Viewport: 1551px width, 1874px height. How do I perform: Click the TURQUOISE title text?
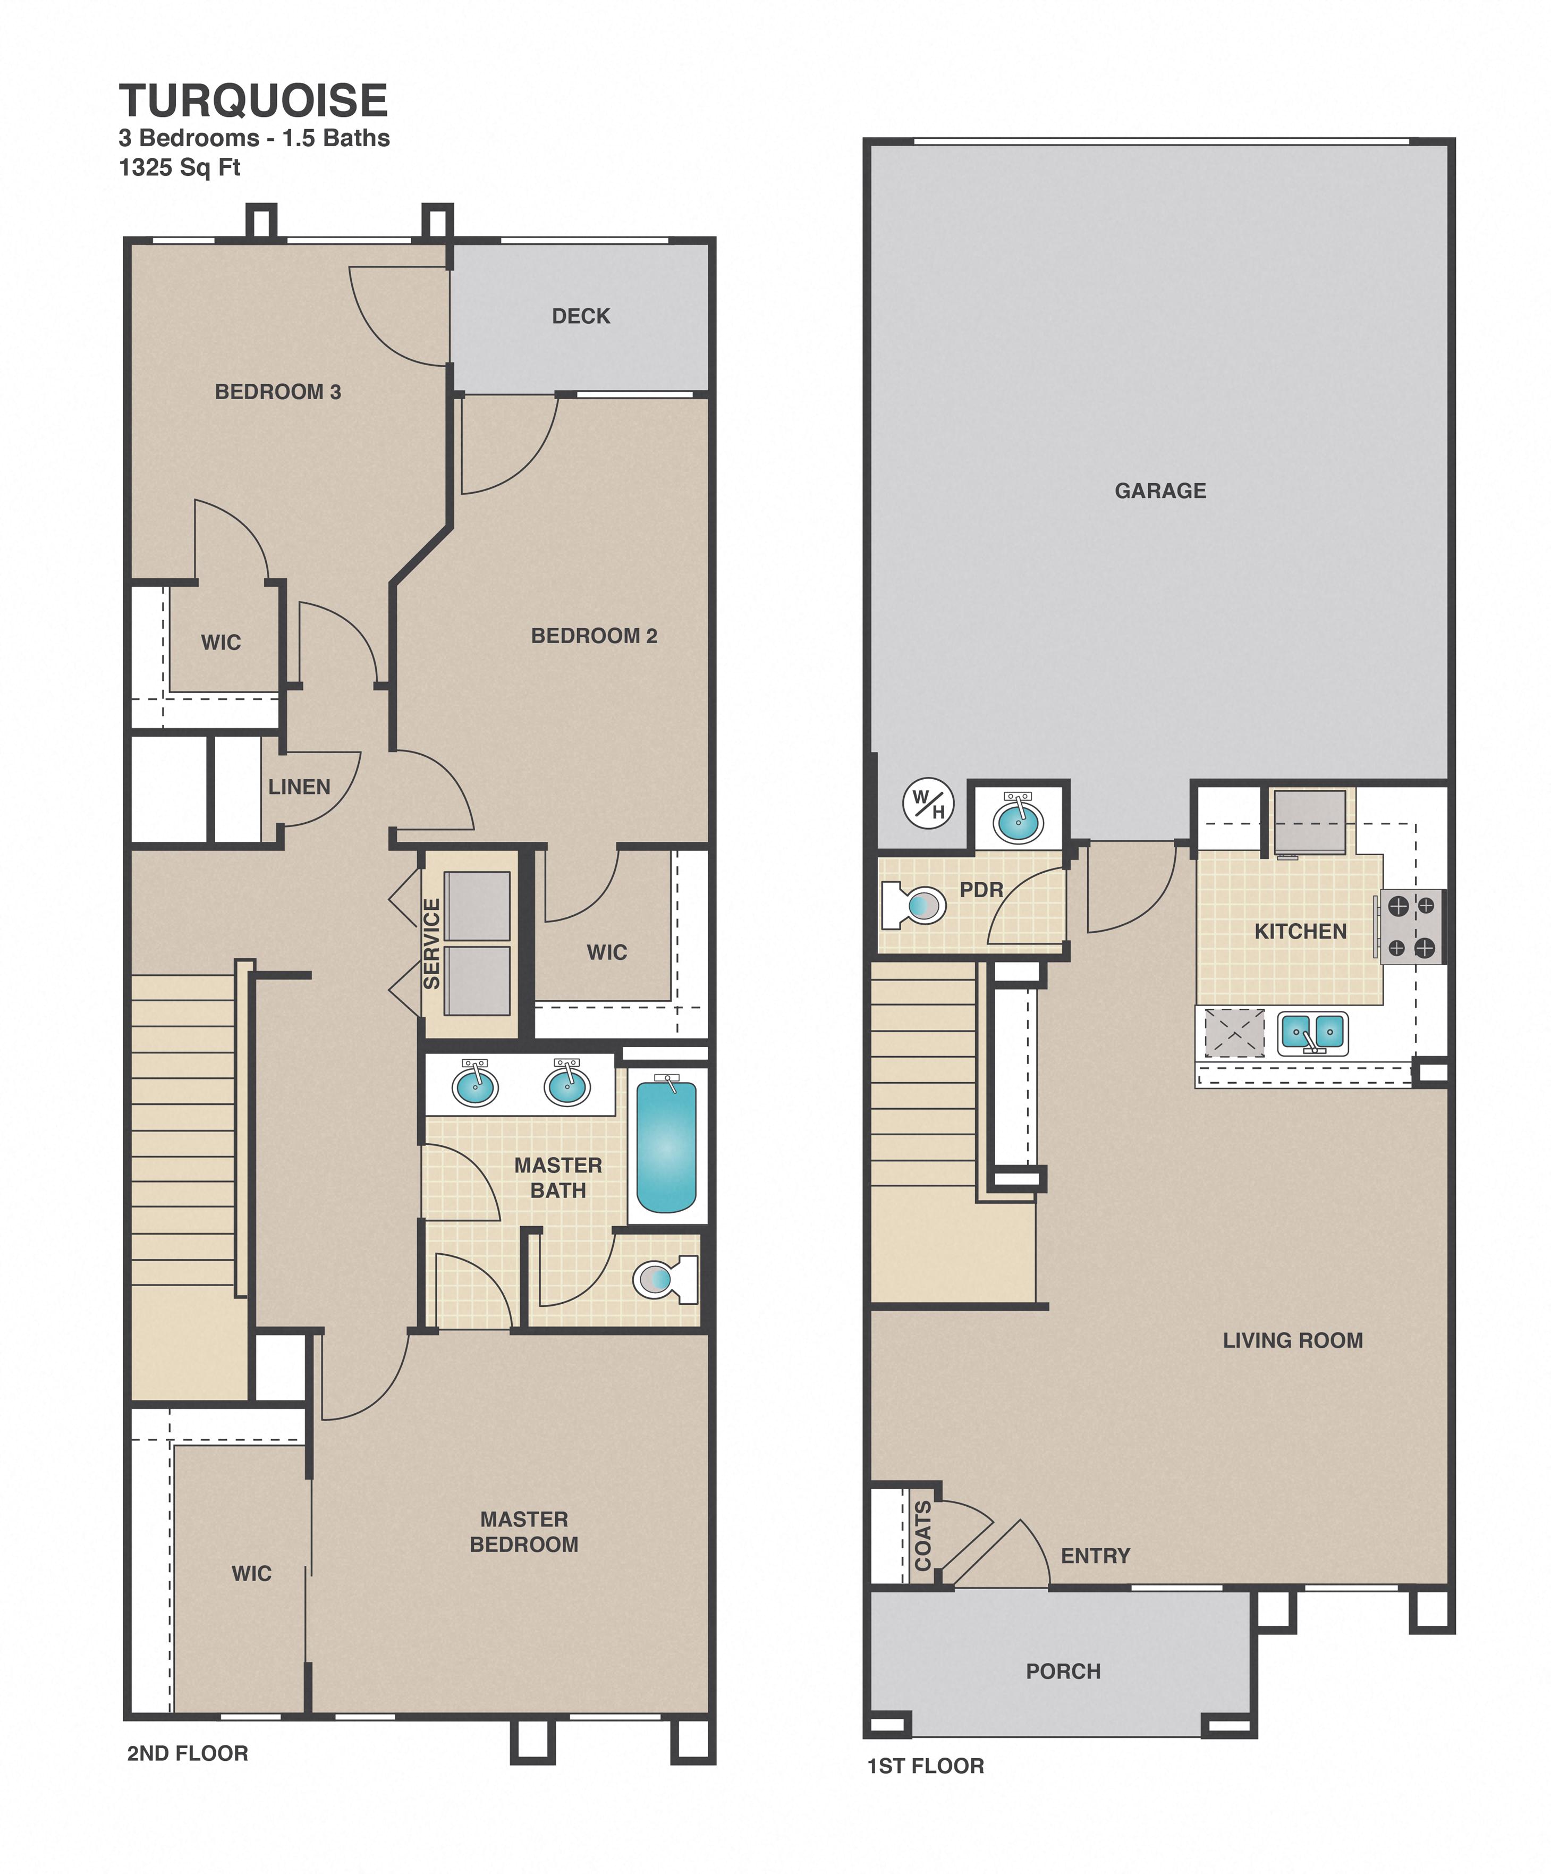click(x=253, y=101)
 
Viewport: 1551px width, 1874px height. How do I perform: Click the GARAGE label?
click(x=1160, y=491)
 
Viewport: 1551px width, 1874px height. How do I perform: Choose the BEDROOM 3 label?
click(x=277, y=392)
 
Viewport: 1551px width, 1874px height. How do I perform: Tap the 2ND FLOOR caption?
click(x=188, y=1753)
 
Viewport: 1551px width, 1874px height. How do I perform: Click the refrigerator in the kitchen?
click(x=1309, y=821)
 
